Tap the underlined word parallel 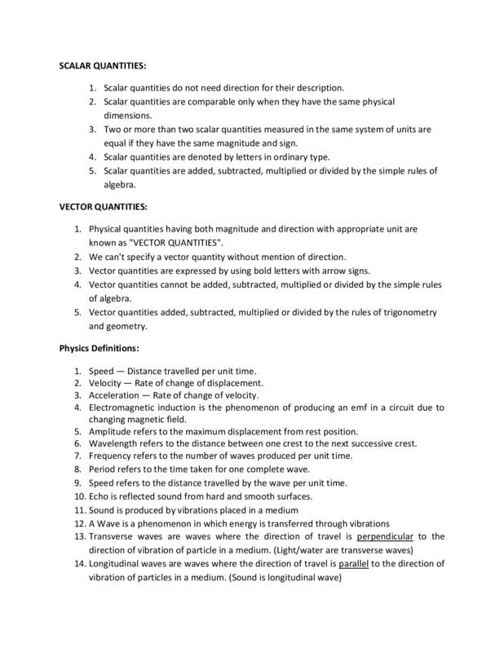coord(354,564)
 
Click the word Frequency coord(113,456)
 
